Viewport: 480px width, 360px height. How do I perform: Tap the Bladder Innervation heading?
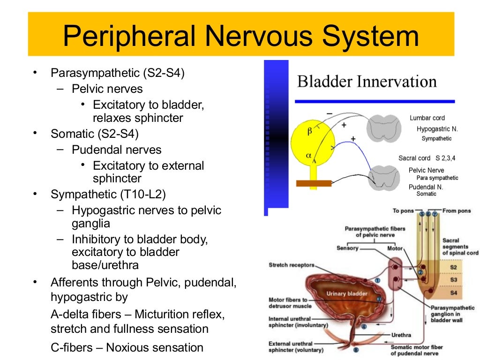[367, 82]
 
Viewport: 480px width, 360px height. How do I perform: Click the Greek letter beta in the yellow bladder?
[309, 132]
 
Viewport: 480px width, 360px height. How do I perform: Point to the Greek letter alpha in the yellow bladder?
[309, 155]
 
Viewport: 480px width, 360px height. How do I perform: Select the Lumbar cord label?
[427, 118]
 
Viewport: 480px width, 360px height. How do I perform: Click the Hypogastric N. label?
[437, 128]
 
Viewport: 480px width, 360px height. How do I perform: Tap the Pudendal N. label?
[426, 187]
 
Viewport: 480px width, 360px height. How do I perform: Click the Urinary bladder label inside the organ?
[347, 294]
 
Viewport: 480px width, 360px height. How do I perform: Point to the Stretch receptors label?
[291, 265]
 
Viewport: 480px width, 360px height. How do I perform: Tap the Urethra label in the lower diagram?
[401, 335]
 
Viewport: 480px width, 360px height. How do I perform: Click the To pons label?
[403, 211]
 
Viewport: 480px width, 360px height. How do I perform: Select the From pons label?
[457, 211]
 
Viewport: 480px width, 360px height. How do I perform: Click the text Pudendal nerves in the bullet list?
[116, 150]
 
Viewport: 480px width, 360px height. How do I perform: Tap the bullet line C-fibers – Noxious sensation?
[127, 347]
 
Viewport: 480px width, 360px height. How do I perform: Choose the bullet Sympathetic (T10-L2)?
[108, 194]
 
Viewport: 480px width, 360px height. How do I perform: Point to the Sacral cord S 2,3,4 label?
[427, 158]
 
